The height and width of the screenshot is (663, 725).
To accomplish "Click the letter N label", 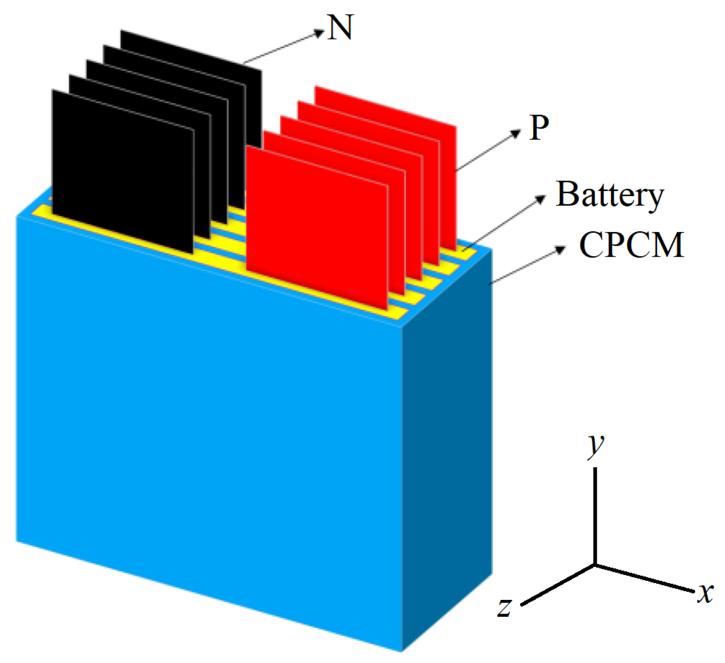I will point(340,28).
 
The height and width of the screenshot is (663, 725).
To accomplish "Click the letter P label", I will point(539,128).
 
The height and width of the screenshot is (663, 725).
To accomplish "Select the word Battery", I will point(609,195).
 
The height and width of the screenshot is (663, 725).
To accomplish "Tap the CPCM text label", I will point(631,245).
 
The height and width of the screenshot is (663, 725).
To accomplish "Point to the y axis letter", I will point(595,445).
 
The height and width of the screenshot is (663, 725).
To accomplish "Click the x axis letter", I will point(705,593).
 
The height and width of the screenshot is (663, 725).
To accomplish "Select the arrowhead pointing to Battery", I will point(541,199).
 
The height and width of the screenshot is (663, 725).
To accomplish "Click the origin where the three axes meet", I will point(595,564).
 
